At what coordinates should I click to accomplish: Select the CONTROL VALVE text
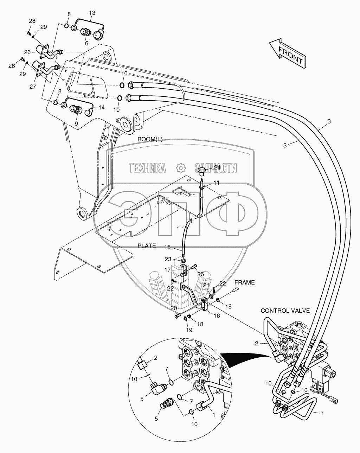pos(285,311)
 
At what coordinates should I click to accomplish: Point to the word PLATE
pos(147,246)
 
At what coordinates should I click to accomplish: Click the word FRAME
pos(245,282)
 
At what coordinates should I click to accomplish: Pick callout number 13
pos(92,13)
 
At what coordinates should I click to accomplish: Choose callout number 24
pos(217,168)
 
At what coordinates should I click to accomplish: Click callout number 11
pos(216,183)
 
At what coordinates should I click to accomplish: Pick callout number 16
pos(216,316)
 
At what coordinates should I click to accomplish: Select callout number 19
pos(189,330)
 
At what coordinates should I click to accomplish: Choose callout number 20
pos(173,308)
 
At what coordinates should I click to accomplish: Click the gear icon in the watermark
pos(181,168)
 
